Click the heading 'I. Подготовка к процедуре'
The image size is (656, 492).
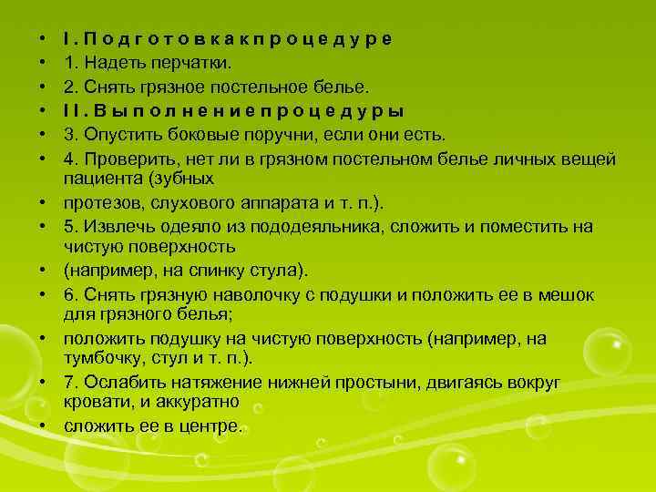[228, 39]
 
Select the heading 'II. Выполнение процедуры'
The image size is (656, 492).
[234, 111]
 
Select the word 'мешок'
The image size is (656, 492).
[566, 294]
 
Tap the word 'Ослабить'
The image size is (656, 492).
[125, 383]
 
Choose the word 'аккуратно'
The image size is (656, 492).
[198, 401]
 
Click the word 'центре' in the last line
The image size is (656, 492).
[210, 425]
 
